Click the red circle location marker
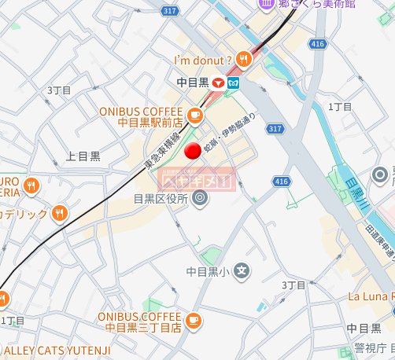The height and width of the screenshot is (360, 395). pyautogui.click(x=192, y=152)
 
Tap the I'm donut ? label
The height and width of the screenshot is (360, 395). pyautogui.click(x=203, y=59)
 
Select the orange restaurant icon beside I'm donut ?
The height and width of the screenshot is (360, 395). pyautogui.click(x=245, y=57)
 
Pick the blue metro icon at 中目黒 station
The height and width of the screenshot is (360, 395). pyautogui.click(x=234, y=81)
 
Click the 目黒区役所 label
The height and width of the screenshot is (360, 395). pyautogui.click(x=161, y=199)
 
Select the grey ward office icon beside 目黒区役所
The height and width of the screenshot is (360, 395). pyautogui.click(x=199, y=198)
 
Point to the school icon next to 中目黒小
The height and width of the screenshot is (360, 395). pyautogui.click(x=242, y=272)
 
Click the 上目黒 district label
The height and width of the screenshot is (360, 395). pyautogui.click(x=83, y=156)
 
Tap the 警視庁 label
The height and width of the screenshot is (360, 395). pyautogui.click(x=369, y=347)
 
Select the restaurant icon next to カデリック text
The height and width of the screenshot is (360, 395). pyautogui.click(x=60, y=213)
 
